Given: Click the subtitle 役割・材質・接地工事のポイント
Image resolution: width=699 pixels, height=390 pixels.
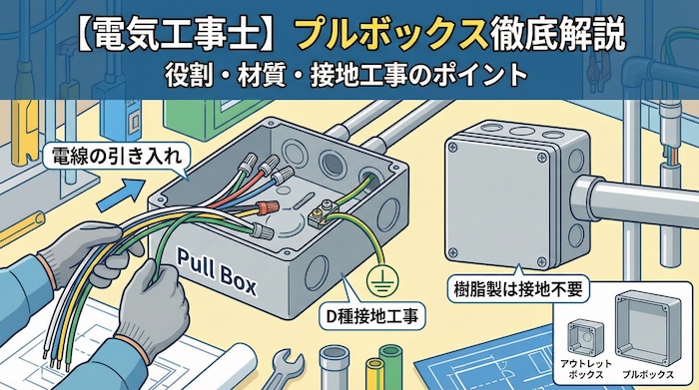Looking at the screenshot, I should click(x=349, y=76).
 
